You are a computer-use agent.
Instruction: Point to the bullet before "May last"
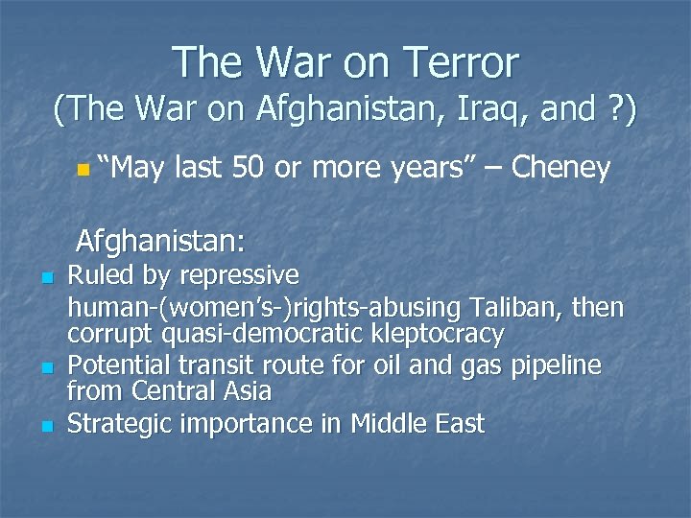coord(83,170)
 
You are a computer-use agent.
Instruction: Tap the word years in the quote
coord(429,169)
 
